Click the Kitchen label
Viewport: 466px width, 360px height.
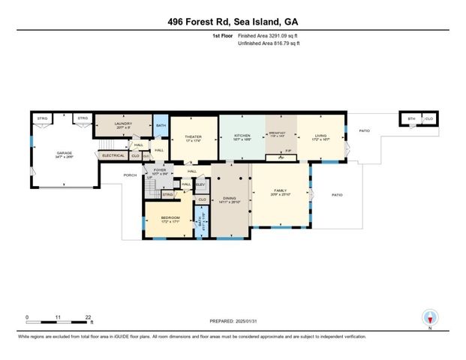[x=242, y=136]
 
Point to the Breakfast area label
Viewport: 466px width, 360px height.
[x=278, y=133]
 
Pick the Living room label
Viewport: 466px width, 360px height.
[x=321, y=136]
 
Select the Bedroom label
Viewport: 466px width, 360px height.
[x=170, y=218]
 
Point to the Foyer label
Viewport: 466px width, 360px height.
[x=159, y=170]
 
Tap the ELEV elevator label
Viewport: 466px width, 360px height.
[x=200, y=184]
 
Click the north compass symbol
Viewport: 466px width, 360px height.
[x=430, y=317]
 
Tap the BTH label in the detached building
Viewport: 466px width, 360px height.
[x=410, y=118]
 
